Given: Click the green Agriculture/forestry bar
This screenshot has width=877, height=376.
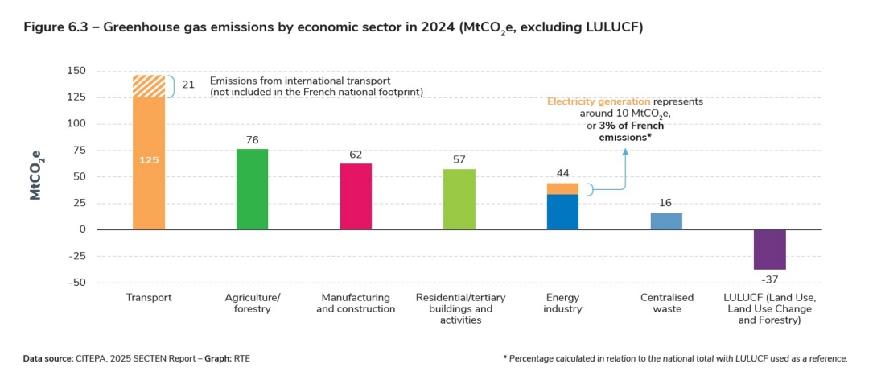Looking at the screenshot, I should pyautogui.click(x=252, y=189).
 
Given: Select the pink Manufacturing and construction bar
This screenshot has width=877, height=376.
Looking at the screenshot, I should pyautogui.click(x=356, y=196).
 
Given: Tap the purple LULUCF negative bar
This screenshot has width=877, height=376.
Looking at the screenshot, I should pyautogui.click(x=769, y=250).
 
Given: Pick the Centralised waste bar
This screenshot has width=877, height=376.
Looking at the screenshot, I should pyautogui.click(x=666, y=221).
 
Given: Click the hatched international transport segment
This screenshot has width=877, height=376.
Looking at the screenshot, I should pyautogui.click(x=149, y=86).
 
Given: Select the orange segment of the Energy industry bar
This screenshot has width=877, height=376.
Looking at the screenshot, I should pyautogui.click(x=562, y=188).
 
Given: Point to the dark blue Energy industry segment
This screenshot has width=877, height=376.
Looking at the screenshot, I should pyautogui.click(x=562, y=212).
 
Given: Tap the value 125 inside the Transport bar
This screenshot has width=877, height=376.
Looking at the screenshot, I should pyautogui.click(x=149, y=160).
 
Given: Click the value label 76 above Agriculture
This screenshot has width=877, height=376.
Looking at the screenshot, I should pyautogui.click(x=252, y=140).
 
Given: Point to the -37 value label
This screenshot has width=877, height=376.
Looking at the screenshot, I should pyautogui.click(x=769, y=279).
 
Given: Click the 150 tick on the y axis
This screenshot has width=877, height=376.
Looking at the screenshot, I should pyautogui.click(x=76, y=71).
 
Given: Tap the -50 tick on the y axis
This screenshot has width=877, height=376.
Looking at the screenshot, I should pyautogui.click(x=76, y=283).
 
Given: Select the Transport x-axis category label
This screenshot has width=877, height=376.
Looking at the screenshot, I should pyautogui.click(x=149, y=298).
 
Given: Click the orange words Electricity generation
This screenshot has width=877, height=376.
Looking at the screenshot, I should pyautogui.click(x=599, y=101).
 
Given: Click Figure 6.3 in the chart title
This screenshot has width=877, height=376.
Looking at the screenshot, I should pyautogui.click(x=51, y=28).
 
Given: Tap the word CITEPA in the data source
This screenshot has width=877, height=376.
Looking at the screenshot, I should pyautogui.click(x=89, y=358).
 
